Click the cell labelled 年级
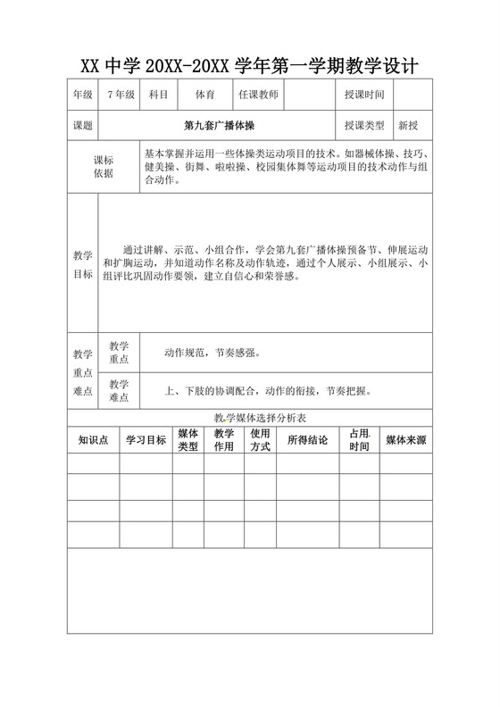pyautogui.click(x=82, y=94)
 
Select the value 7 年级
pyautogui.click(x=121, y=94)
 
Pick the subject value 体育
pyautogui.click(x=204, y=94)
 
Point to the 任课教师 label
pyautogui.click(x=258, y=94)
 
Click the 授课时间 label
pyautogui.click(x=363, y=94)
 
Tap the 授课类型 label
pyautogui.click(x=363, y=126)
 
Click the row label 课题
pyautogui.click(x=82, y=126)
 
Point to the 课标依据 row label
pyautogui.click(x=104, y=167)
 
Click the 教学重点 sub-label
pyautogui.click(x=119, y=353)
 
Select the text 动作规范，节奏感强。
pyautogui.click(x=212, y=353)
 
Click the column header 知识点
pyautogui.click(x=93, y=440)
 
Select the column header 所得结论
pyautogui.click(x=307, y=440)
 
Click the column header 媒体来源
pyautogui.click(x=406, y=440)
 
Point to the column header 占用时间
pyautogui.click(x=359, y=440)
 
